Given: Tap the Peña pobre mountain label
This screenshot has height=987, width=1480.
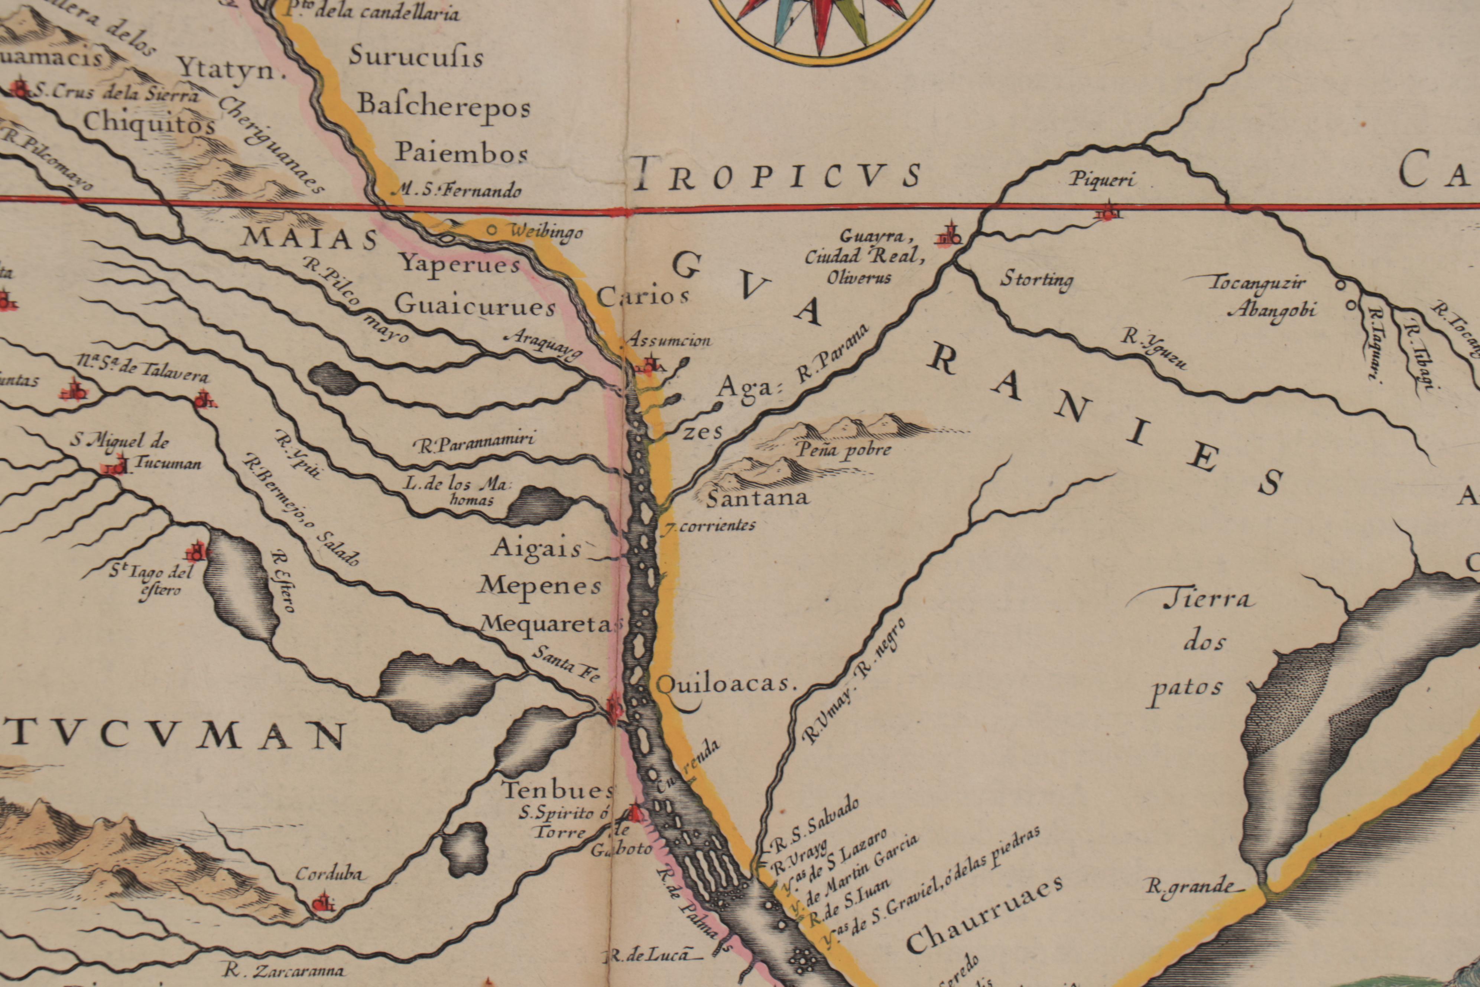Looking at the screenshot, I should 844,449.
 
